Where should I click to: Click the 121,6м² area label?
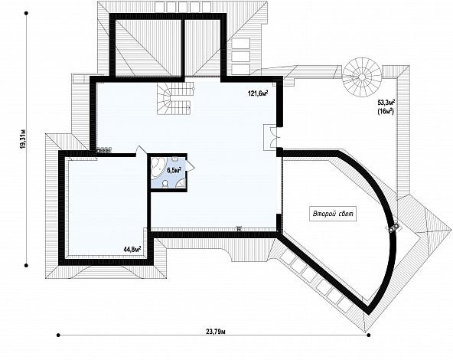tap(258, 93)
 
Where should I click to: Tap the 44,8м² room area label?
tap(132, 249)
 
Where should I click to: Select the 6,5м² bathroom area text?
tap(174, 170)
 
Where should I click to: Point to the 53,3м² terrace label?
tap(386, 102)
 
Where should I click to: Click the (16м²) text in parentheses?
tap(386, 112)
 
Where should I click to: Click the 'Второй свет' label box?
tap(333, 214)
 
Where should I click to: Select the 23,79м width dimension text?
tap(216, 331)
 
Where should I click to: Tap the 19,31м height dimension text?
tap(24, 139)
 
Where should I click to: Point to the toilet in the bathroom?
tap(165, 184)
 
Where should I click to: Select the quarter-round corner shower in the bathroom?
tap(181, 183)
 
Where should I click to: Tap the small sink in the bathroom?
tap(174, 159)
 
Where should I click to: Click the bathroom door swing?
tap(190, 165)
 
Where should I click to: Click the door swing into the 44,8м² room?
tap(141, 150)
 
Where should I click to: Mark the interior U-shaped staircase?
tap(175, 98)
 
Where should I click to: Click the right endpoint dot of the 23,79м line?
tap(368, 335)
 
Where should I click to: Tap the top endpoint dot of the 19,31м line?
tap(26, 13)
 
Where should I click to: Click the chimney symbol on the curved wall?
tap(393, 227)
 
